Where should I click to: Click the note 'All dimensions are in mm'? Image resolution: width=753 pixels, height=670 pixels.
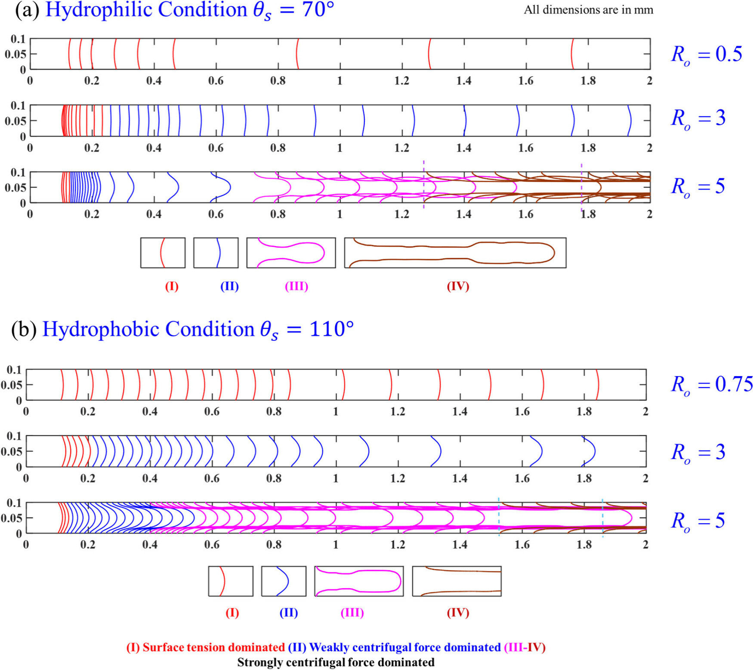(x=588, y=10)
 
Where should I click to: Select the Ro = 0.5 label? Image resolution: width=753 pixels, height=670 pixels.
(x=707, y=55)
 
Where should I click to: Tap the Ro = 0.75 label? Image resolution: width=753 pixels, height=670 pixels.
(x=712, y=384)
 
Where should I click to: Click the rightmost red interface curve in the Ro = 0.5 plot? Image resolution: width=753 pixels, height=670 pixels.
(x=573, y=54)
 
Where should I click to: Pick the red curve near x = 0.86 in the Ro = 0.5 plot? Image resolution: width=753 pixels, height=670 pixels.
(x=297, y=54)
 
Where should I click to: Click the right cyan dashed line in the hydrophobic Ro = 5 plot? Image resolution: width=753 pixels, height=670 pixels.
(x=602, y=518)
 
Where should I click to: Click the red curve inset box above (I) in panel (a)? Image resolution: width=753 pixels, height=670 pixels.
(x=163, y=253)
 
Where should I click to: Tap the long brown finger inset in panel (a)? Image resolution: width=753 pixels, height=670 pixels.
(x=455, y=253)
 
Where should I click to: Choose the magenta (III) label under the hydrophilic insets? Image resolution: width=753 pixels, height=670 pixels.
(x=296, y=286)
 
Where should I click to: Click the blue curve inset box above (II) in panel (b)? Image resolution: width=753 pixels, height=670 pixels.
(x=284, y=581)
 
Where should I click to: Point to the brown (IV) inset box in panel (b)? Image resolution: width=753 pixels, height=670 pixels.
(x=457, y=581)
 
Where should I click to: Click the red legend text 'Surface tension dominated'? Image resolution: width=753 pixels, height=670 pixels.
(x=213, y=647)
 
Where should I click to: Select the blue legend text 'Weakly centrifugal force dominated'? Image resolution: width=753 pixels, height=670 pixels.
(x=405, y=647)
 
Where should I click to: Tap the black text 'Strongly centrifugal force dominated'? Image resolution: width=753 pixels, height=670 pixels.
(x=336, y=662)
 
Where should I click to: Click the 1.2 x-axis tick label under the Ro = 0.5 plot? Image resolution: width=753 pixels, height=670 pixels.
(x=402, y=80)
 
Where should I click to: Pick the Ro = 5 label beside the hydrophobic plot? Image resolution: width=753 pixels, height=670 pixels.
(x=698, y=521)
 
